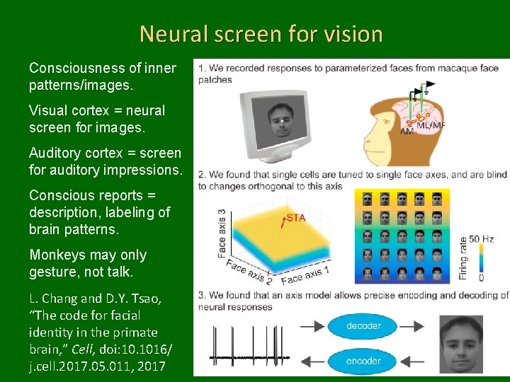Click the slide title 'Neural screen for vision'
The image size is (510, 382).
point(261,33)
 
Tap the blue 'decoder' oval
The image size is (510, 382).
point(364,326)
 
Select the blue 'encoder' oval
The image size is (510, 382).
point(364,360)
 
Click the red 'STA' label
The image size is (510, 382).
point(295,217)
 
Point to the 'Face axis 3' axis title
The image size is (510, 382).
point(222,232)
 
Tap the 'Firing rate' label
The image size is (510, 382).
point(464,257)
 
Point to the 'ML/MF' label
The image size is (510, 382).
point(431,126)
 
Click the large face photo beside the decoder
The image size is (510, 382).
point(461,344)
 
